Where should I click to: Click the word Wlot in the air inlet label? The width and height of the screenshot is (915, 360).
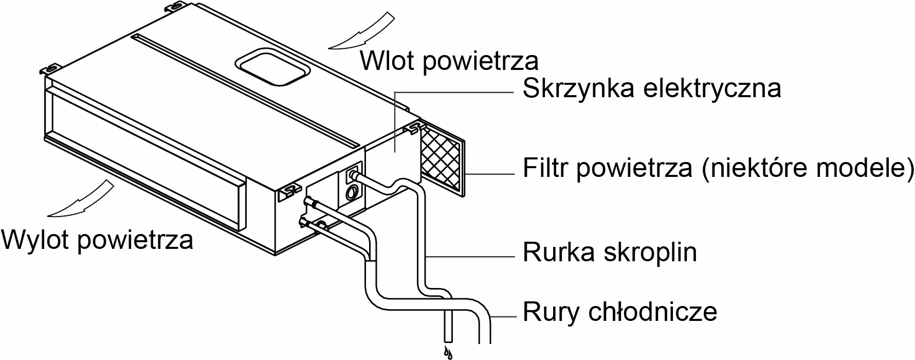pyautogui.click(x=388, y=61)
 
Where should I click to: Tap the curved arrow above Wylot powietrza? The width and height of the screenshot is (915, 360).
pyautogui.click(x=82, y=198)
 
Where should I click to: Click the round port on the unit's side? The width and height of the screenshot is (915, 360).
pyautogui.click(x=353, y=193)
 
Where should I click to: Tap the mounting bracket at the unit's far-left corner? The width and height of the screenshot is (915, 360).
pyautogui.click(x=51, y=68)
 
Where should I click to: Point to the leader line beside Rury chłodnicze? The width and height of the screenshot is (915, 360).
pyautogui.click(x=504, y=316)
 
